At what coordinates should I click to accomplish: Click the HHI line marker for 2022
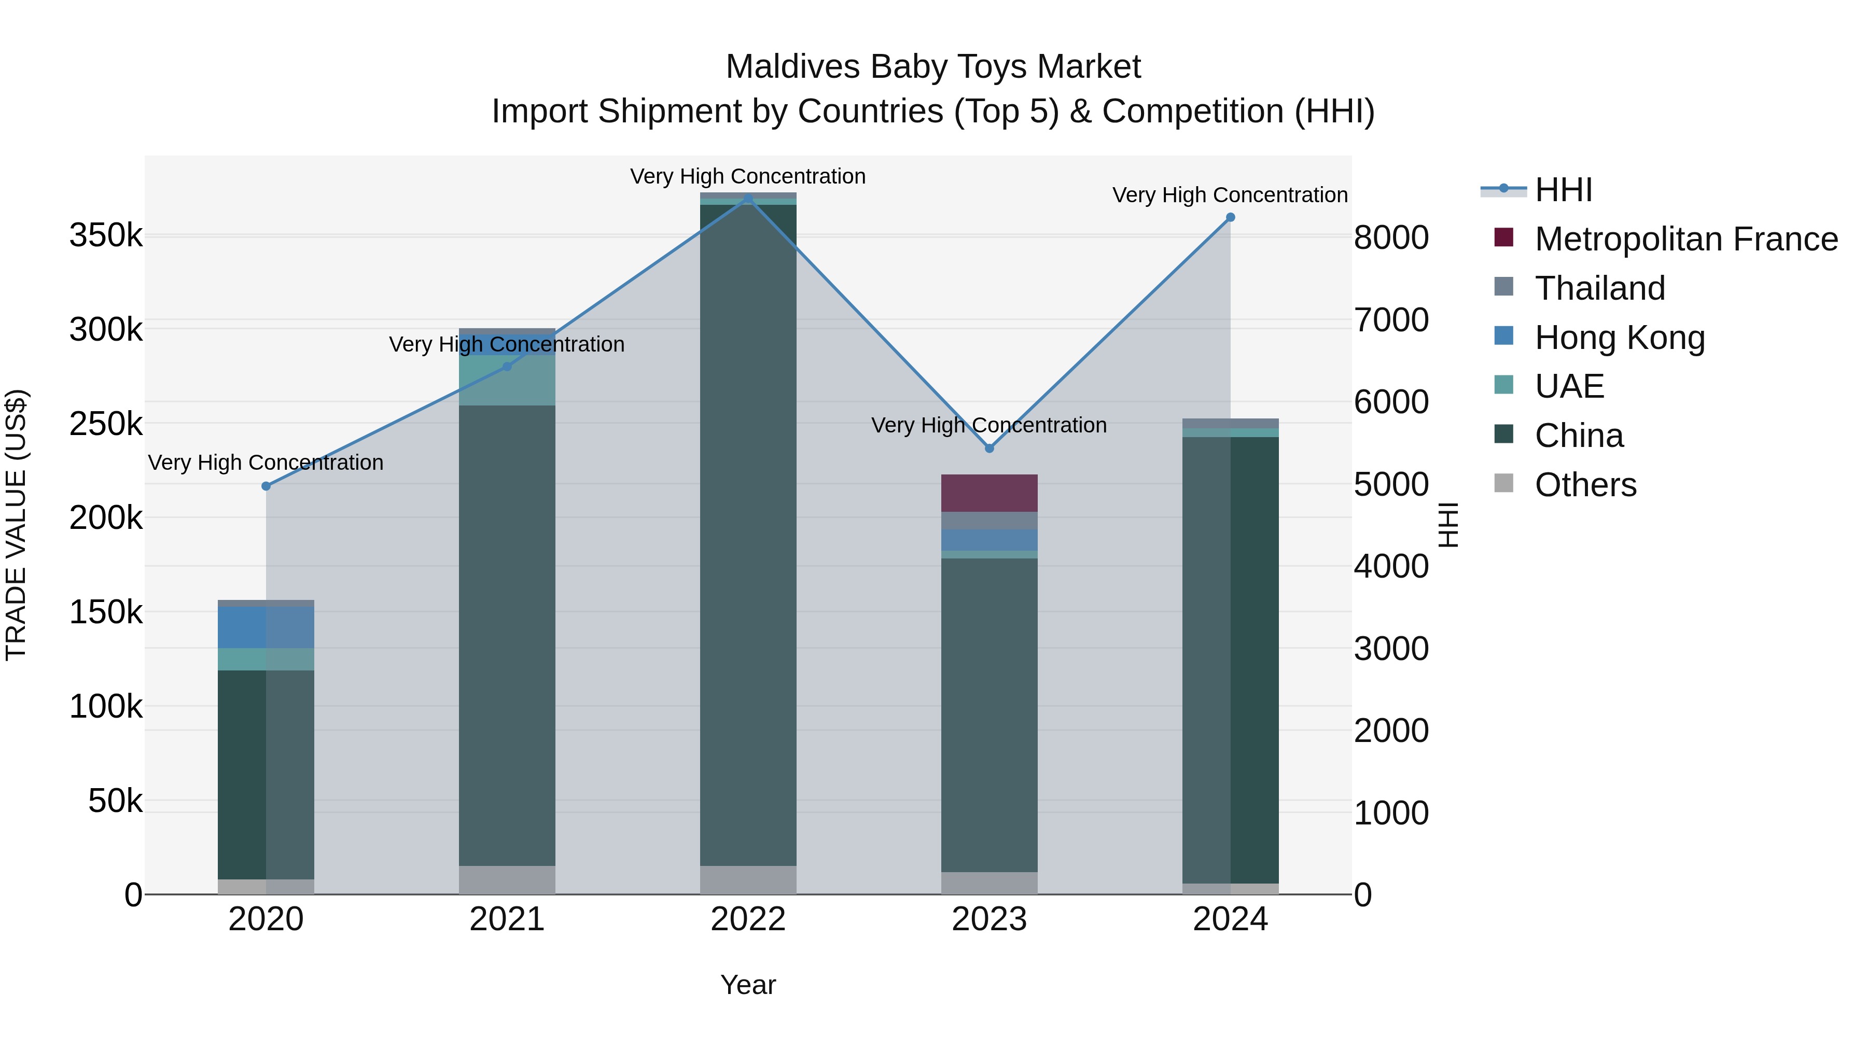click(748, 198)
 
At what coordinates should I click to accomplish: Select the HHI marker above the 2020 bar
click(266, 486)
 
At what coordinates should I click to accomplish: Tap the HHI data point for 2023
click(990, 449)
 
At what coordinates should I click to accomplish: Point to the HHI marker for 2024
click(1230, 217)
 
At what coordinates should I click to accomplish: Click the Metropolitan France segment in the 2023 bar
click(990, 494)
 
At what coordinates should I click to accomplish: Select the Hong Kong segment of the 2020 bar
click(266, 627)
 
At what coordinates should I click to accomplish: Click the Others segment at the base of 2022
click(748, 880)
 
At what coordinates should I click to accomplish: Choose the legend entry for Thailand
click(1599, 288)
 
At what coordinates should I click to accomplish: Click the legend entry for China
click(1579, 436)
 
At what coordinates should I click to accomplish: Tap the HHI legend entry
click(1563, 190)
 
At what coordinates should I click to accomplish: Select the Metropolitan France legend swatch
click(1504, 237)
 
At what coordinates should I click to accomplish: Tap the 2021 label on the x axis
click(507, 919)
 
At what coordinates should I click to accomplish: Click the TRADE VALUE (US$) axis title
click(16, 525)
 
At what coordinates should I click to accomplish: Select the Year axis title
click(748, 985)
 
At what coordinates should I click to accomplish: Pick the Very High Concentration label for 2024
click(1230, 195)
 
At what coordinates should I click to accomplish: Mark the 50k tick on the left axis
click(115, 801)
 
